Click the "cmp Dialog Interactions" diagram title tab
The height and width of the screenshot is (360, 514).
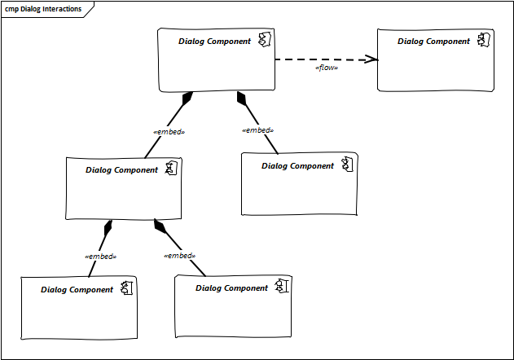point(44,9)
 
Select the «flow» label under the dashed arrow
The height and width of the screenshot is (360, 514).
point(326,68)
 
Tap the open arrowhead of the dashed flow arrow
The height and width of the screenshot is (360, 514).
point(372,59)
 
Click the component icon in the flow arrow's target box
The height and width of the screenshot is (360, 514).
point(483,41)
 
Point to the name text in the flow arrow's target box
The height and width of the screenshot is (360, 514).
point(433,41)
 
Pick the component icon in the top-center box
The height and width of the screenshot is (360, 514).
point(264,41)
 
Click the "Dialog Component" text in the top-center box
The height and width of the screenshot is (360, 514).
point(214,41)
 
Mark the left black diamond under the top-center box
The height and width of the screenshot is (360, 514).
point(187,99)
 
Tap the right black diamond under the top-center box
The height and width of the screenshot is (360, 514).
point(241,99)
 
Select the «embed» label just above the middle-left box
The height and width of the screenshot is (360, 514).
point(169,132)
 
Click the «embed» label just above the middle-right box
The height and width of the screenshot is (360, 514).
point(257,130)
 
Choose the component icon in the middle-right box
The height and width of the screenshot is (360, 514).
point(346,165)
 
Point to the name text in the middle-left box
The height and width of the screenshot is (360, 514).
point(121,170)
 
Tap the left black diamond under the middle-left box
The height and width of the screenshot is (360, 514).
point(108,227)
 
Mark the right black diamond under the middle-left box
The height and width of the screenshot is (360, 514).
point(159,226)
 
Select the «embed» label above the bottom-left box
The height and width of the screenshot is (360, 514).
point(100,256)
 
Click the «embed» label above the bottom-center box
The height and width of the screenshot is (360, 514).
point(179,255)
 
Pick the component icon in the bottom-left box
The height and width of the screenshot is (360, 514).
point(126,288)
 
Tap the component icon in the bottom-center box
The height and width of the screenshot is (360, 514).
point(281,287)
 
